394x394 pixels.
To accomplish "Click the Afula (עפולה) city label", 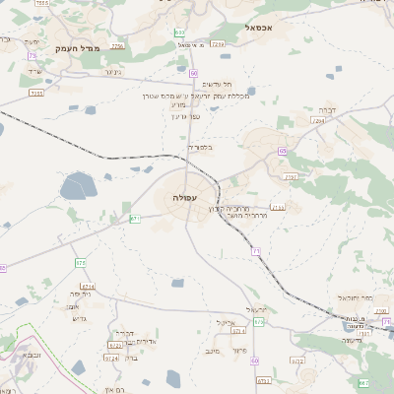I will pyautogui.click(x=184, y=197).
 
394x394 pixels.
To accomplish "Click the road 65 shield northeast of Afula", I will pyautogui.click(x=282, y=151).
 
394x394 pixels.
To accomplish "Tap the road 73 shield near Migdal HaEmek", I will pyautogui.click(x=32, y=56).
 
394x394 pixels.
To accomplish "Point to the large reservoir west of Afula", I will pyautogui.click(x=77, y=185).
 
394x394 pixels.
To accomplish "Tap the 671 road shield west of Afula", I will pyautogui.click(x=135, y=218).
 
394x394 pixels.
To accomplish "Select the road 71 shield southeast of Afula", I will pyautogui.click(x=254, y=252).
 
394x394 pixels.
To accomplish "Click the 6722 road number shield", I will pyautogui.click(x=114, y=345).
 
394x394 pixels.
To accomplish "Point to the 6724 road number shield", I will pyautogui.click(x=111, y=359).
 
